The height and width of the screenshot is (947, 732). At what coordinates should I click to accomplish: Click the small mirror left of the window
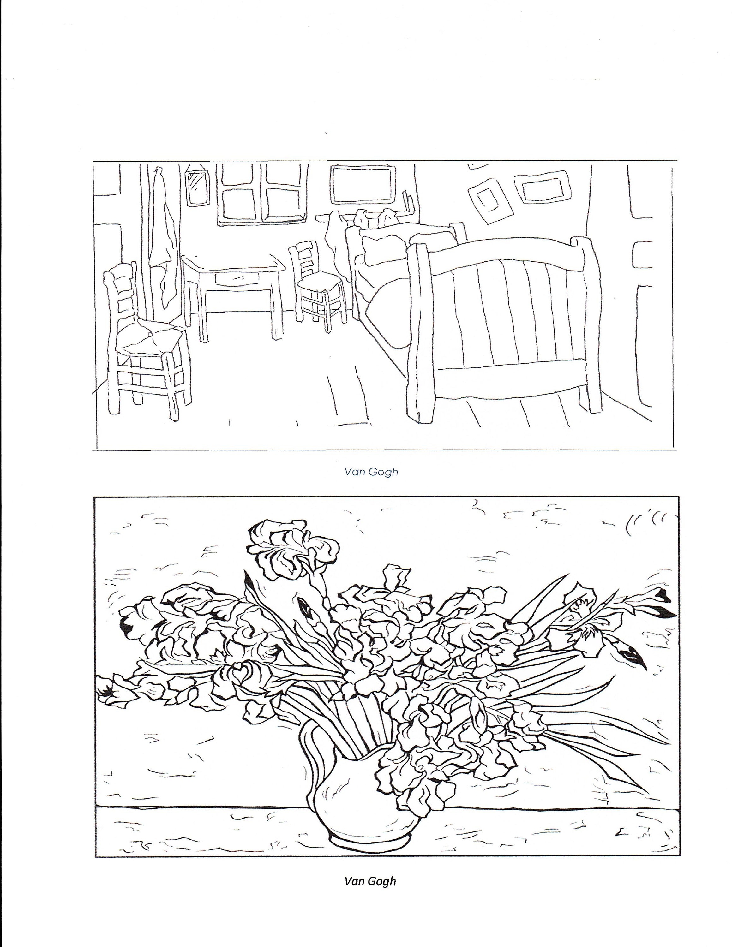[x=196, y=187]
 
